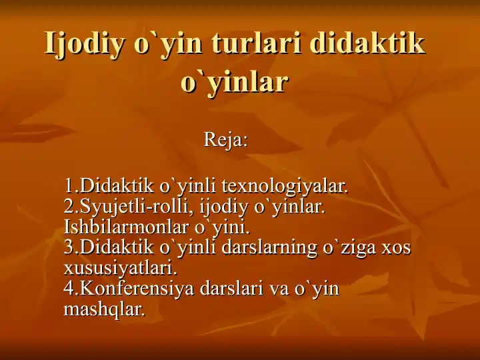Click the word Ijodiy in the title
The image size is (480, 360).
[85, 45]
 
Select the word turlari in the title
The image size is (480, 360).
[256, 42]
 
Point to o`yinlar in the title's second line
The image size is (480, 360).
[235, 83]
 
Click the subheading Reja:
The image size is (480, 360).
[225, 139]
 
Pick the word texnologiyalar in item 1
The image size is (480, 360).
[285, 187]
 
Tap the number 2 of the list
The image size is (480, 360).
[69, 207]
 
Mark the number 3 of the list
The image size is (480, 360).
[69, 247]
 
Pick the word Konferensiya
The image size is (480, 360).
[137, 289]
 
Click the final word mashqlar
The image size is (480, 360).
[104, 309]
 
